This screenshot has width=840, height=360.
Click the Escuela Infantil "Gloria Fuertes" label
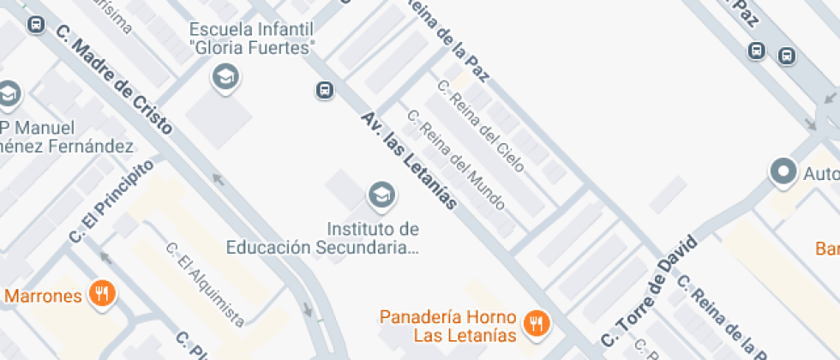pos(252,38)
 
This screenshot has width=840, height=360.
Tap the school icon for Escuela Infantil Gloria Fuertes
pos(225,77)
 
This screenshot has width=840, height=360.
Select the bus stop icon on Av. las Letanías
pos(324,89)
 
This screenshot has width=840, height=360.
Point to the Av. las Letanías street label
pos(409,160)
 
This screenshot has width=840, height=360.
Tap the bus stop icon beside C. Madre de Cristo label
pos(36,23)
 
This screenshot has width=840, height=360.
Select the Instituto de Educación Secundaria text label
pos(323,238)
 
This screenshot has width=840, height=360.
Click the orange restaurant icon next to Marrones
pos(103,295)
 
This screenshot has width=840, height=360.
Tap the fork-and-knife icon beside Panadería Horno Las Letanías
pos(538,323)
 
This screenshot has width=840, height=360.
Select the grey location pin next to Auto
pos(783,172)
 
